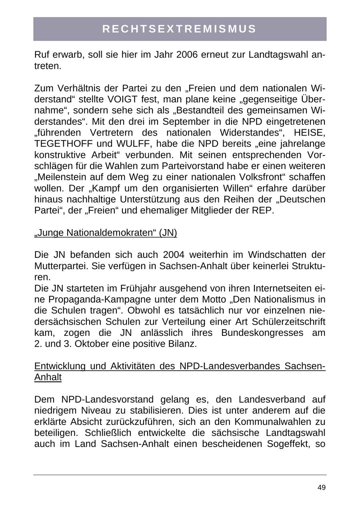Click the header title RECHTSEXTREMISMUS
click(x=180, y=29)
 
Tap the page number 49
click(x=321, y=487)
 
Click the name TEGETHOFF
click(x=66, y=144)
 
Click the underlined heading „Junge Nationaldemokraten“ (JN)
click(x=106, y=233)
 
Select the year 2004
click(x=173, y=255)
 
